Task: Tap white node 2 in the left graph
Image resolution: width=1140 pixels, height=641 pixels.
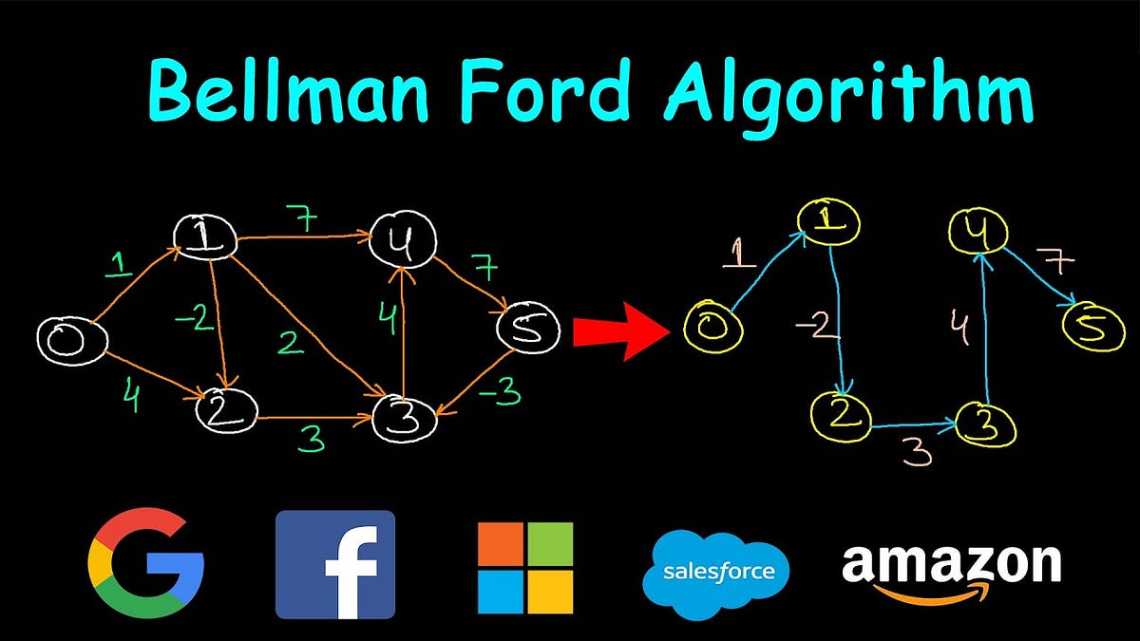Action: point(226,410)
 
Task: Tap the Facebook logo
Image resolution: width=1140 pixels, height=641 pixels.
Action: point(334,564)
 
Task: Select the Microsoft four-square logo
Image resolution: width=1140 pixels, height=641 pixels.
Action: point(525,567)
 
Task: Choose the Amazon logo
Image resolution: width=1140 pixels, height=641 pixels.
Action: point(950,570)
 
